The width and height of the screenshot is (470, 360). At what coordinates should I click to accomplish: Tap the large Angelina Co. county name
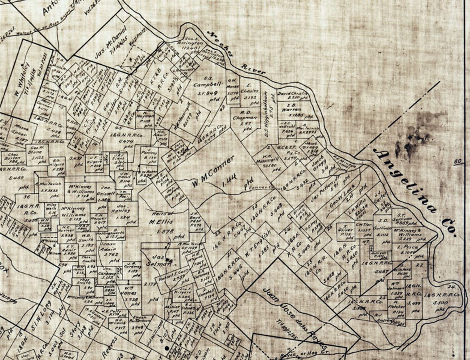414,192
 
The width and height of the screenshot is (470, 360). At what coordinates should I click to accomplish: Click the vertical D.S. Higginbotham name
267,114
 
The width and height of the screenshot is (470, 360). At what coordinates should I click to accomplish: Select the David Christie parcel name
293,94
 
